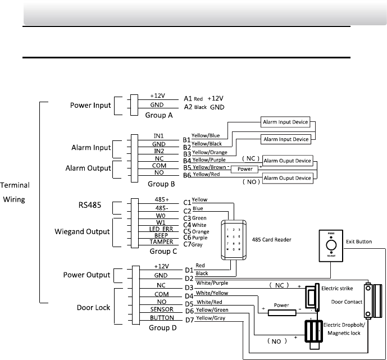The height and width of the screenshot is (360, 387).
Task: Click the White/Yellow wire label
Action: pyautogui.click(x=212, y=293)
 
